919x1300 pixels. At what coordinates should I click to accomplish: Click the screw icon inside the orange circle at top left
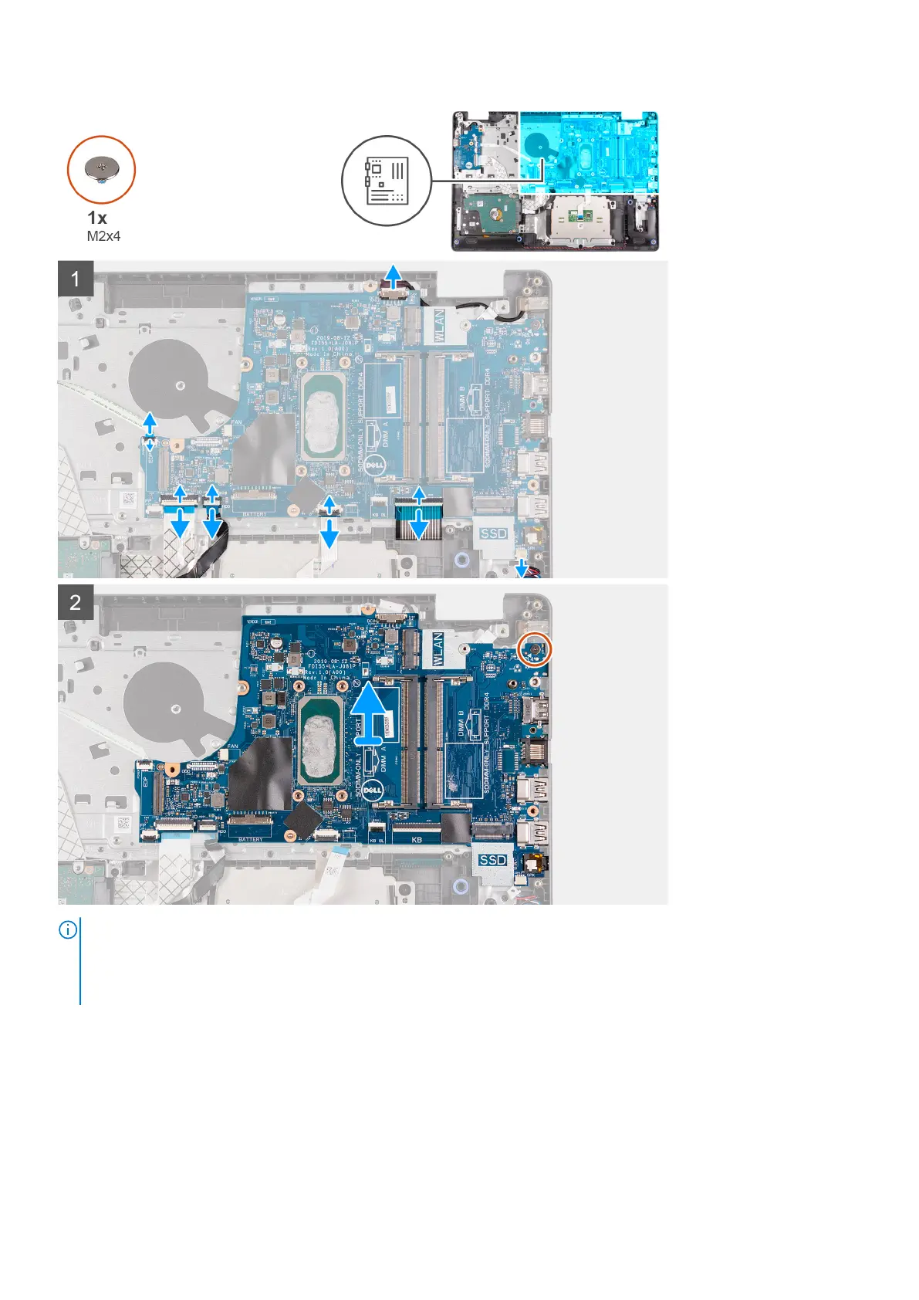pos(101,168)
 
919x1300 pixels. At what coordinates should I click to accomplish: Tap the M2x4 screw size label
pos(103,236)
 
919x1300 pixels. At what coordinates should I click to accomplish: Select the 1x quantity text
pos(97,218)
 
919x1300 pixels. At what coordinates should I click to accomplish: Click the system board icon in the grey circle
pos(387,181)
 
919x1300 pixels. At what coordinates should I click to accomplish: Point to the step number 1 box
pos(76,278)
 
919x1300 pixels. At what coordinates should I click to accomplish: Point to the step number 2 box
pos(76,602)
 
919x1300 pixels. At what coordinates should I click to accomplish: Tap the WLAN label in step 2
pos(438,649)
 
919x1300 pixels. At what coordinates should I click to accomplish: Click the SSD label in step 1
pos(493,533)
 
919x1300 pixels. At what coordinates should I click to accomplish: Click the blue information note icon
pos(68,930)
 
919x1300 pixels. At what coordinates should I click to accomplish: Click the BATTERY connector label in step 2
pos(251,839)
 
